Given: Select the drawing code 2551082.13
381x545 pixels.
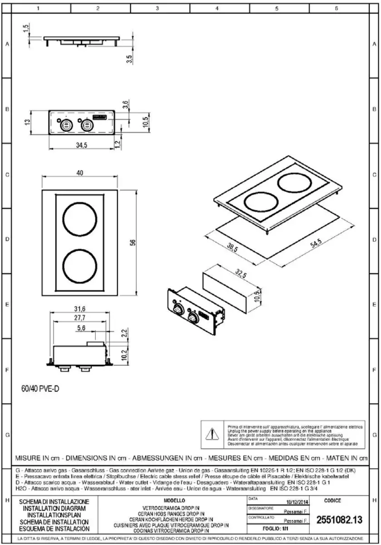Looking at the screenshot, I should (x=339, y=520).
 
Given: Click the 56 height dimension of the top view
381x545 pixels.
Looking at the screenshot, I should (x=132, y=242).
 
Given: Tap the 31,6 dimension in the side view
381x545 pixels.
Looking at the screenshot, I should (x=79, y=309).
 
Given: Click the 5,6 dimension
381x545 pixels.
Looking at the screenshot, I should (x=81, y=328).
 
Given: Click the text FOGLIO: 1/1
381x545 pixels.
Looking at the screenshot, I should (x=276, y=528).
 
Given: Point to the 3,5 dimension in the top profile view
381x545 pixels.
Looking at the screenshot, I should (x=129, y=59).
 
